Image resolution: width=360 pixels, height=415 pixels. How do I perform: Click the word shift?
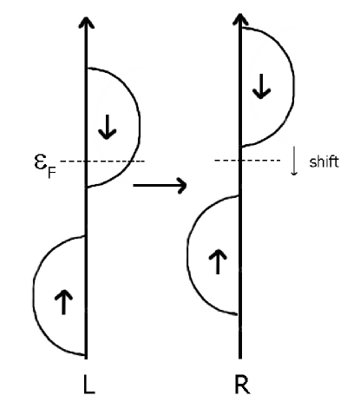324,161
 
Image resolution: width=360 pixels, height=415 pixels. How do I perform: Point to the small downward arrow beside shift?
295,161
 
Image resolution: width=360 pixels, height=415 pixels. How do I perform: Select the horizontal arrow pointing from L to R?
159,184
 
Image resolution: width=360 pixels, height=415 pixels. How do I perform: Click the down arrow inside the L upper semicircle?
108,128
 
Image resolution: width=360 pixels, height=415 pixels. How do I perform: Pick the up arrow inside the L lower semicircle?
63,302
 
